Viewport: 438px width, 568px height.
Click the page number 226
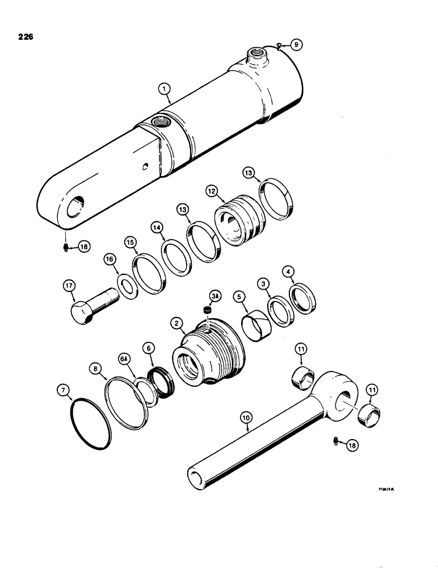[x=26, y=37]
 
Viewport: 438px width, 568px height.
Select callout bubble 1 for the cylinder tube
[x=163, y=89]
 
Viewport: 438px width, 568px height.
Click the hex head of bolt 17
[x=81, y=312]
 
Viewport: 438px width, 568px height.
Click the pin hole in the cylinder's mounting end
[x=75, y=209]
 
